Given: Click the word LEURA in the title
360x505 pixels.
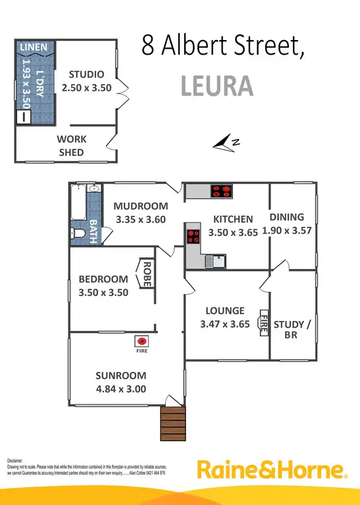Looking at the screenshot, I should point(216,85).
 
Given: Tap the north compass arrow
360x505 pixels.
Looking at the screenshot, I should point(229,141).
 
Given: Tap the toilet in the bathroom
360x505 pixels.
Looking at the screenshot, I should point(78,233).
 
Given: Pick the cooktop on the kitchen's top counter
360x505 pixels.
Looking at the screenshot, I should point(220,191).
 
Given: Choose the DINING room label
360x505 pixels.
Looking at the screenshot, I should point(286,217).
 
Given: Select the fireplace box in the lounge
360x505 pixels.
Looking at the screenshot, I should point(264,323).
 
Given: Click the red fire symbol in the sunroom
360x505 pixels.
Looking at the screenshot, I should point(141,341).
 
